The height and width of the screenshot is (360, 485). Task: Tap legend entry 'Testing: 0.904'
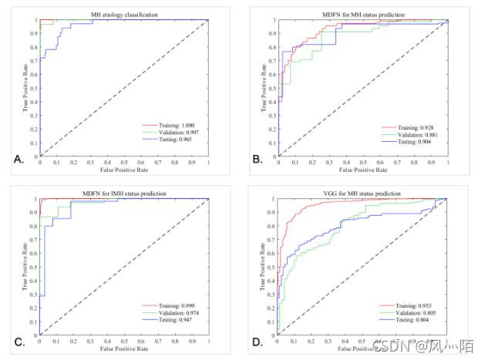412,143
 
